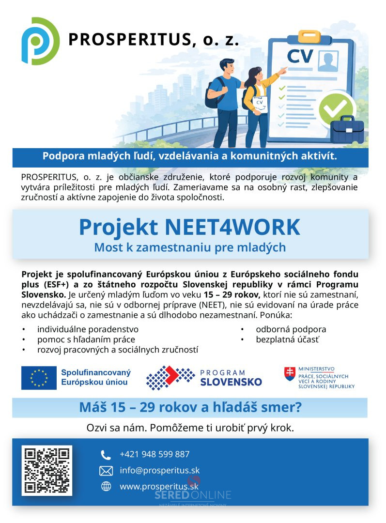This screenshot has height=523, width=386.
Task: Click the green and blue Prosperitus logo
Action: point(40,41)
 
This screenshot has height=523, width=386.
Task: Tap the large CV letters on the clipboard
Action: point(300,56)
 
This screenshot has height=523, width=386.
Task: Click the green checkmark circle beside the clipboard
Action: point(333,108)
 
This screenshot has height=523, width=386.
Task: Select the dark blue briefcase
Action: point(347,130)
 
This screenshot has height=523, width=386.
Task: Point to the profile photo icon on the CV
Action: point(328,62)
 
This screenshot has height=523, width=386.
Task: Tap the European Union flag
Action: point(39,378)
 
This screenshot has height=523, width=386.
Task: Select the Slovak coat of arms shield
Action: point(289,373)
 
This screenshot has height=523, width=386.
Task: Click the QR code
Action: point(46,470)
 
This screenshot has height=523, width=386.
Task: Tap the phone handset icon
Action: point(106,455)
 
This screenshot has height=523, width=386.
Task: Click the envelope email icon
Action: point(106,471)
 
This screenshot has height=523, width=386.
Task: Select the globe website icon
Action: point(106,487)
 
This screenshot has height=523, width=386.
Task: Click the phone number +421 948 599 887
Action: point(154,454)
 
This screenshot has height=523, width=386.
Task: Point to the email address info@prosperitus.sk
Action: point(159,470)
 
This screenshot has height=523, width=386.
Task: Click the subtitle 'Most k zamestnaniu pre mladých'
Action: point(190,247)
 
